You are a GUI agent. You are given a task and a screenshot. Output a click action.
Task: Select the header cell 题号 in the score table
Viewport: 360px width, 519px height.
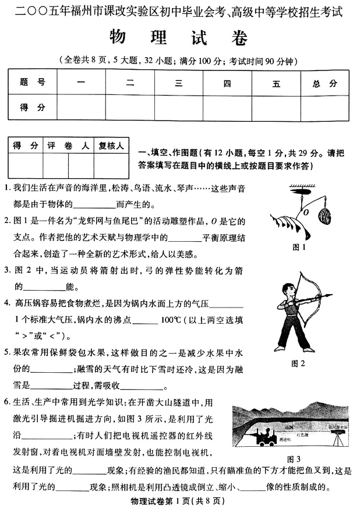(33, 83)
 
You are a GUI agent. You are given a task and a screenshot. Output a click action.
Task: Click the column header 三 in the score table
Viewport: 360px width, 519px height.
(178, 83)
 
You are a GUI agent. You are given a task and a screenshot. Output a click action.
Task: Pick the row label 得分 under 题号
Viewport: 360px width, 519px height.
(33, 107)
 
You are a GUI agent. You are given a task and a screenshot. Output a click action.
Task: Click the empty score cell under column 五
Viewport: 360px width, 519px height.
(276, 107)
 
